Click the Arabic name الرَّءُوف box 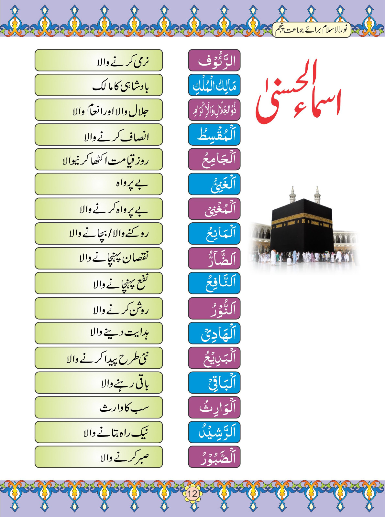pos(214,60)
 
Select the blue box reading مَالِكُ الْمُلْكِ pos(214,85)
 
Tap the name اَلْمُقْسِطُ pos(214,135)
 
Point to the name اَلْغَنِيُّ pos(214,184)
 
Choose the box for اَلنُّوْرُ pos(214,308)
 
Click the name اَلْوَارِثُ pos(214,407)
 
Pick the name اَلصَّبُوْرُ pos(214,457)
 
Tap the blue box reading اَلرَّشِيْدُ pos(214,432)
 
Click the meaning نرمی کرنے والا pos(98,60)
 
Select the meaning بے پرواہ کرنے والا pos(98,209)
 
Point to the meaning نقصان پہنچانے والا pos(98,258)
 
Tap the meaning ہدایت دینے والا pos(98,333)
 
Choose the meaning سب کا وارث pos(98,407)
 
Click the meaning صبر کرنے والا pos(98,457)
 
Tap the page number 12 pos(192,493)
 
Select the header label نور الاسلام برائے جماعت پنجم pos(311,30)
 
